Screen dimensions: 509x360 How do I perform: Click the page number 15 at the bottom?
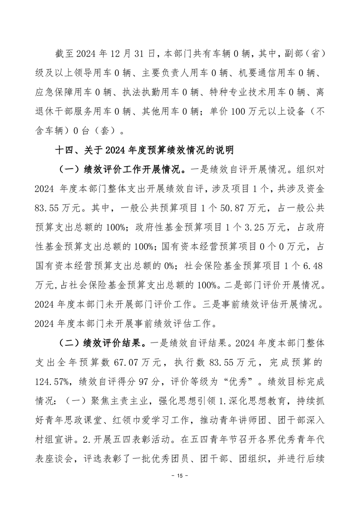coord(180,476)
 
